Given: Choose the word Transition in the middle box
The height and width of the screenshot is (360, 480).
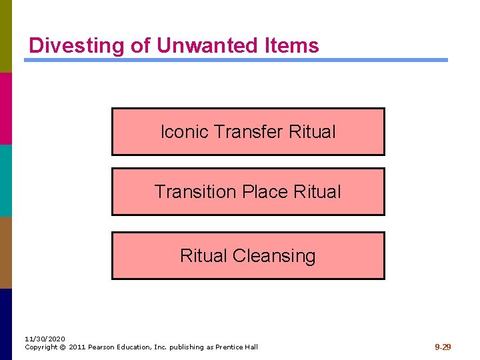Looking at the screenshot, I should pos(195,192).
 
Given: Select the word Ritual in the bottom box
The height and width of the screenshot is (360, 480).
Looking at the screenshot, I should pos(204,256).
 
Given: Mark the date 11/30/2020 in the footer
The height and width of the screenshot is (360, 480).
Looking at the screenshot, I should pos(45,339).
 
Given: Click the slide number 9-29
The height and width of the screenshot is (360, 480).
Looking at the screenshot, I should pos(443,347).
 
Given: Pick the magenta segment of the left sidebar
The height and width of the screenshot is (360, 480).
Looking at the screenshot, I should pos(5,108).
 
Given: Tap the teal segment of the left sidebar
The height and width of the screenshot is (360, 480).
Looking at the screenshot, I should pos(5,180).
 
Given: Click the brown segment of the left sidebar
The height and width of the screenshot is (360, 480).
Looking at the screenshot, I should pos(5,252).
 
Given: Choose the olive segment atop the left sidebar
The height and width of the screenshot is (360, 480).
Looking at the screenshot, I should pos(5,36).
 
